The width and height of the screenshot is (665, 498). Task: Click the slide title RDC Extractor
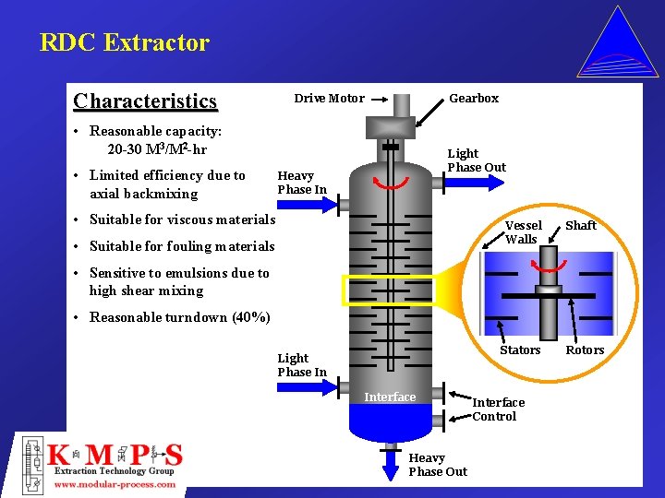(x=125, y=42)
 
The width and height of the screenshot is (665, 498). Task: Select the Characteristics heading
(x=145, y=101)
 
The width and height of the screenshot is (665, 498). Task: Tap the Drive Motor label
(x=329, y=99)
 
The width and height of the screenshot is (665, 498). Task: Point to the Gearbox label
(x=473, y=99)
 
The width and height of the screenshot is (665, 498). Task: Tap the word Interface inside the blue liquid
(x=390, y=397)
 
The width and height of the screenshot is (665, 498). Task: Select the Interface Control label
(x=498, y=409)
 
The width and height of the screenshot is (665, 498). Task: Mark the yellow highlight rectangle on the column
(x=389, y=290)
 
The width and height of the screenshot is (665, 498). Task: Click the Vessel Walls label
(x=523, y=232)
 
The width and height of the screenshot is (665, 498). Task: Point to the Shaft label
(x=581, y=226)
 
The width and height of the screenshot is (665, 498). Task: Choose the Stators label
(x=520, y=350)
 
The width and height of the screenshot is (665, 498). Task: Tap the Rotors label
(x=585, y=350)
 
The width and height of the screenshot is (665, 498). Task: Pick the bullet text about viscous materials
(x=182, y=219)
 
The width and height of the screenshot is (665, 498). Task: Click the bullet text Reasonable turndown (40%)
(x=179, y=318)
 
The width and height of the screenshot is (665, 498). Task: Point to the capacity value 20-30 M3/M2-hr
(x=157, y=149)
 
